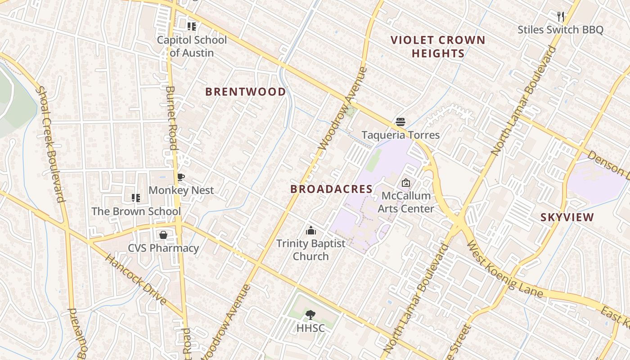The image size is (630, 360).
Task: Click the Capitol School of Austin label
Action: pos(192,46)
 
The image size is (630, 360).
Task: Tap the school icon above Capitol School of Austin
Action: pos(192,27)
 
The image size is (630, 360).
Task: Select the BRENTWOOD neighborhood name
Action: pos(245,92)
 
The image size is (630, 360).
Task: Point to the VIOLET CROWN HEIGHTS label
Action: pos(438,47)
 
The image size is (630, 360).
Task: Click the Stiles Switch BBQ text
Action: pos(560,30)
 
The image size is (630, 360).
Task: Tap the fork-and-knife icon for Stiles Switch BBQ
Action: pos(560,17)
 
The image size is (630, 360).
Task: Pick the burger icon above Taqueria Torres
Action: pos(400,121)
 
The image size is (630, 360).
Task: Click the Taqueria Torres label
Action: pos(400,135)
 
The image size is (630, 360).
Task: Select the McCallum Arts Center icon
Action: pos(406,183)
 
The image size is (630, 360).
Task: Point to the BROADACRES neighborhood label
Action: pos(331,189)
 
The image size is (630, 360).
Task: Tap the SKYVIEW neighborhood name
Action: pos(567,217)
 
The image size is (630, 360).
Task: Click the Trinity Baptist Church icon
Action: pos(310,230)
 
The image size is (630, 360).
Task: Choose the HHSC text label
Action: pos(310,328)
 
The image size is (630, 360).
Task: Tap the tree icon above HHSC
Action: pos(310,315)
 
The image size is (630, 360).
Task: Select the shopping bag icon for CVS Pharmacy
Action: pos(163,235)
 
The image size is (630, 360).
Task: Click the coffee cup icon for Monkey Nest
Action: pos(181,177)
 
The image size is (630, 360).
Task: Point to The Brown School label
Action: pos(136,211)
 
